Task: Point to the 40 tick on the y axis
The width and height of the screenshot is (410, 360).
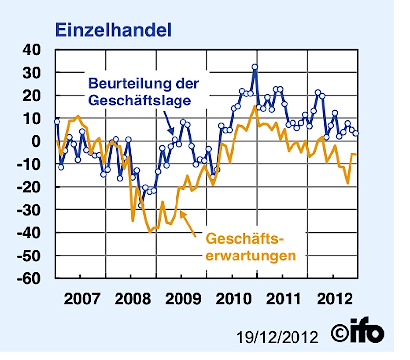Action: coord(35,50)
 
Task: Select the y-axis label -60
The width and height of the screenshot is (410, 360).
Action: coord(33,278)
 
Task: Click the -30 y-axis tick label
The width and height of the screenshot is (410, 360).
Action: coord(33,210)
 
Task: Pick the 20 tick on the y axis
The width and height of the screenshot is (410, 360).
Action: coord(35,96)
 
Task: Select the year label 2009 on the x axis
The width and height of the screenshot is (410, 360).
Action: coord(181,299)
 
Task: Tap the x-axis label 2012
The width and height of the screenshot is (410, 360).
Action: coord(333,299)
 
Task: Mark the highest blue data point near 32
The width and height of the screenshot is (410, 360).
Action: coord(255,67)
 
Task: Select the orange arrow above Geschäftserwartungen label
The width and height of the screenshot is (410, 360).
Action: coord(189,221)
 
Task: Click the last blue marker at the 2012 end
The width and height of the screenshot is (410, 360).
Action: coord(356,133)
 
